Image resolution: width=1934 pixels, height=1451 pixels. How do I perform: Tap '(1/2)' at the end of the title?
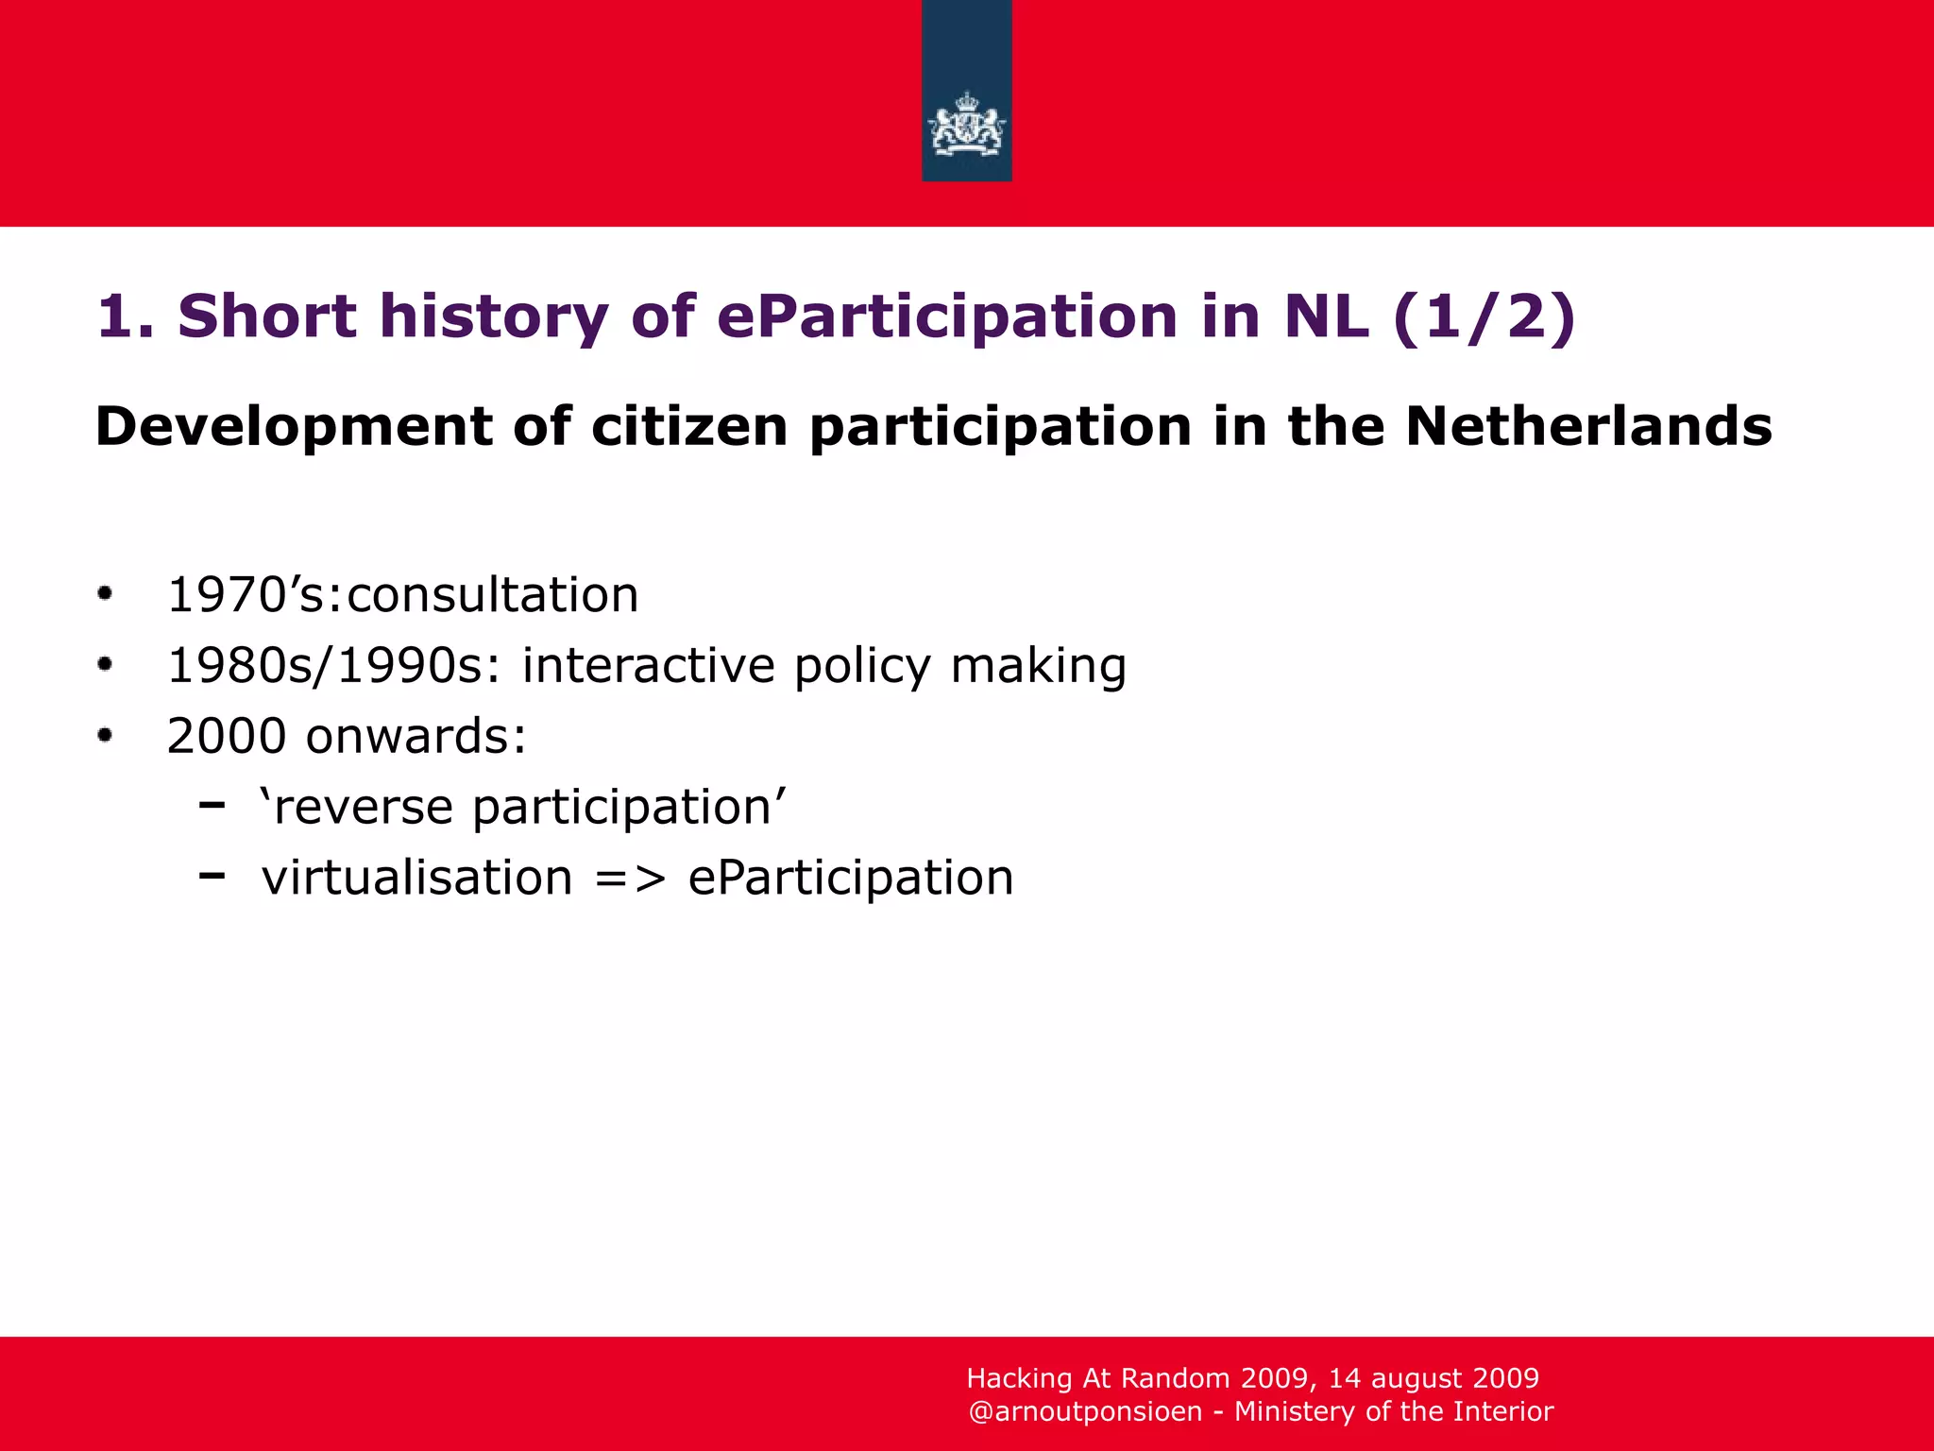point(1484,316)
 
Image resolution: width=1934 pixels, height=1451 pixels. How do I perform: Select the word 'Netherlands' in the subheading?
point(1588,426)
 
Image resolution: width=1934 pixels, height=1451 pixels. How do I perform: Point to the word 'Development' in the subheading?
point(294,428)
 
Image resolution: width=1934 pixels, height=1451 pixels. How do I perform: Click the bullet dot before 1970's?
point(105,594)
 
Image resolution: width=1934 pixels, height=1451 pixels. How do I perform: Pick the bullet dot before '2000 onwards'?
point(105,735)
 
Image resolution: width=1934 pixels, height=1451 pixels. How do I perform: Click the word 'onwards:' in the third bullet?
point(416,736)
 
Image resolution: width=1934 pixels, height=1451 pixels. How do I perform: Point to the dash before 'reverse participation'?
point(212,805)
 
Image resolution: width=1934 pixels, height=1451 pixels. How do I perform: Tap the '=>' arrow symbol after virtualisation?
point(630,879)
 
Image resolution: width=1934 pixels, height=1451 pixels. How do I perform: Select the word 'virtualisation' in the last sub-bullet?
point(417,878)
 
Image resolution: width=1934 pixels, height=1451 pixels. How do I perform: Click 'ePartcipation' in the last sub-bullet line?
point(850,879)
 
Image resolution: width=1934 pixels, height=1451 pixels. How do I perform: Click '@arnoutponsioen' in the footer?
point(1085,1411)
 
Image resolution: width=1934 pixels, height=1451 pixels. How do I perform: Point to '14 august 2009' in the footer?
point(1434,1378)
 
